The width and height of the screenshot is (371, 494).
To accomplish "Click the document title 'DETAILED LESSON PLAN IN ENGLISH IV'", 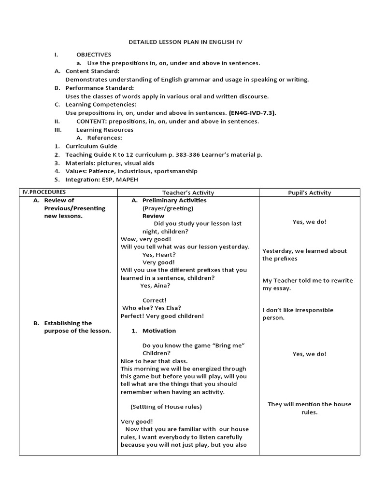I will (x=185, y=42).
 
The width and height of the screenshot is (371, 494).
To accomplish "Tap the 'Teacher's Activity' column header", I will (x=188, y=192).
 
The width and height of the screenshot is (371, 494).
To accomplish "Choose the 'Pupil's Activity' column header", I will (x=309, y=192).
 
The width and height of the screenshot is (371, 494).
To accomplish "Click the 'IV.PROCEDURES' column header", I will (x=43, y=192).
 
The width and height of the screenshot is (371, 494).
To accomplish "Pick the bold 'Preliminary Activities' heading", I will (x=174, y=200).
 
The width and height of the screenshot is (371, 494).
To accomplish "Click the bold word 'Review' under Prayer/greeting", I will (x=153, y=216).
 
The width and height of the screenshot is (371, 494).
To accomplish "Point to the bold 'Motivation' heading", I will (x=159, y=330).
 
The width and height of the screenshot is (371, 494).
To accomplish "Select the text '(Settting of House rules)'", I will (x=166, y=406).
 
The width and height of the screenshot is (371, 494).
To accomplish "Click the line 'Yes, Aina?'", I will (x=155, y=285).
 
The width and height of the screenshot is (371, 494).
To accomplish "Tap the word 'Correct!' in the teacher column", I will (x=155, y=300).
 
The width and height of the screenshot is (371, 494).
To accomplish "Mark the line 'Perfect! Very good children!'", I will (x=162, y=316).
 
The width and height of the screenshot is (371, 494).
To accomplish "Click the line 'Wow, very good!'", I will (x=145, y=239).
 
